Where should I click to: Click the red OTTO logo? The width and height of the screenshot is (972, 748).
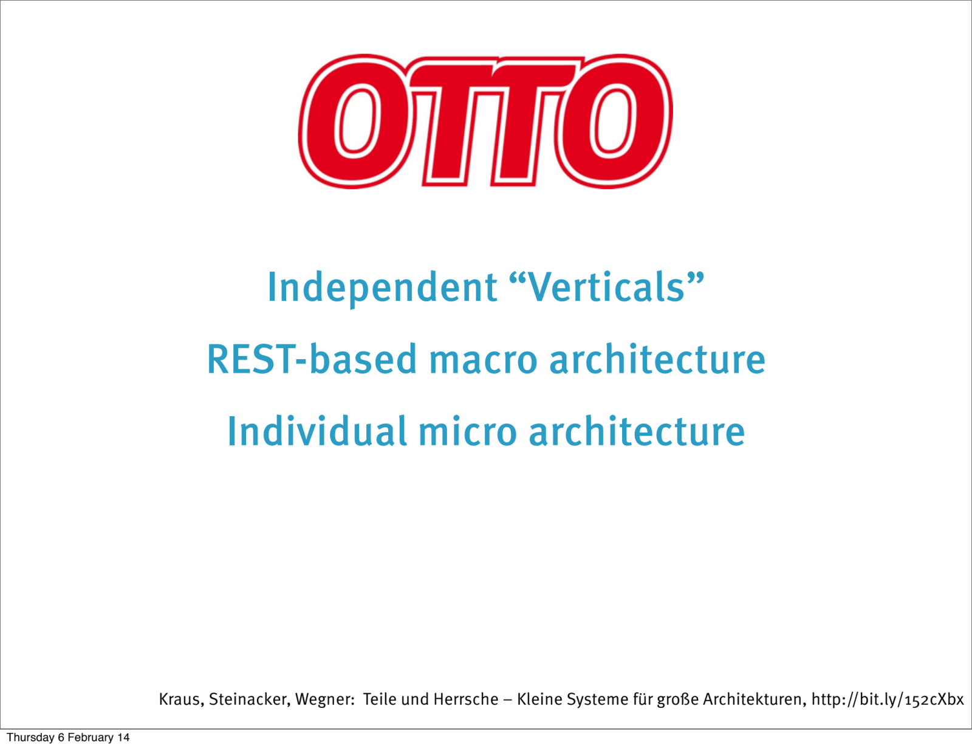pyautogui.click(x=485, y=122)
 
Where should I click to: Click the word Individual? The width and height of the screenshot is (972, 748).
pyautogui.click(x=317, y=431)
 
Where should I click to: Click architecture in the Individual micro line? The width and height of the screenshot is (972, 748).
pyautogui.click(x=637, y=431)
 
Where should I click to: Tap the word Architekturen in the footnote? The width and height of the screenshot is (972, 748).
pyautogui.click(x=755, y=699)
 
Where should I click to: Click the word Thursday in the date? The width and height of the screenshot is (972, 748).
pyautogui.click(x=30, y=737)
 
